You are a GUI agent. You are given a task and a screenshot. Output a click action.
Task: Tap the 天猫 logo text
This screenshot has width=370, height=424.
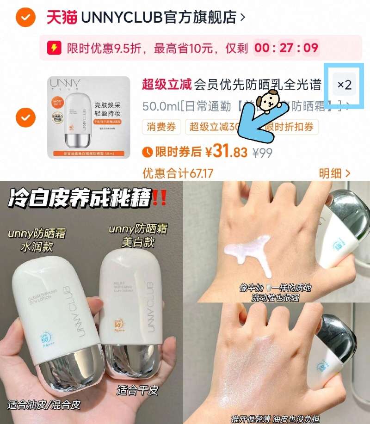(62, 18)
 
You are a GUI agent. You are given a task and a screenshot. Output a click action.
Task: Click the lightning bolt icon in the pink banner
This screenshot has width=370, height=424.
(55, 48)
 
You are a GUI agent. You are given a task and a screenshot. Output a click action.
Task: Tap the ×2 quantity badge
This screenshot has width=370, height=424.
(345, 85)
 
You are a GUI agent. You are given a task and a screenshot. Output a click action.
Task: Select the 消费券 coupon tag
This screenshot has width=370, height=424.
(162, 127)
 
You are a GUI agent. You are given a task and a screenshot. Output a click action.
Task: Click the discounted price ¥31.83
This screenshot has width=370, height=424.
(226, 152)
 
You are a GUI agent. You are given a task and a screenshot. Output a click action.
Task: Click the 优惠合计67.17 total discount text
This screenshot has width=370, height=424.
(178, 173)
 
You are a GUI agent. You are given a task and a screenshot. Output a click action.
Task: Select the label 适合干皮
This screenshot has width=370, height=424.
(138, 390)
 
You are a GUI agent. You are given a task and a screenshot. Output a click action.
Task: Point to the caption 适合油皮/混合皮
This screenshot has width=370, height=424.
(44, 405)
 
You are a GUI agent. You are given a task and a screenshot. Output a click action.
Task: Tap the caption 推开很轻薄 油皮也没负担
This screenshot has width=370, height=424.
(277, 418)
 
